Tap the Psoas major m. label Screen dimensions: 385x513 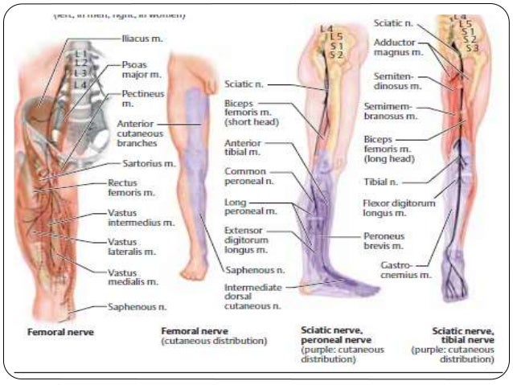[x=133, y=71]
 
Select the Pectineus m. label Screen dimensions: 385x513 [x=137, y=99]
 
